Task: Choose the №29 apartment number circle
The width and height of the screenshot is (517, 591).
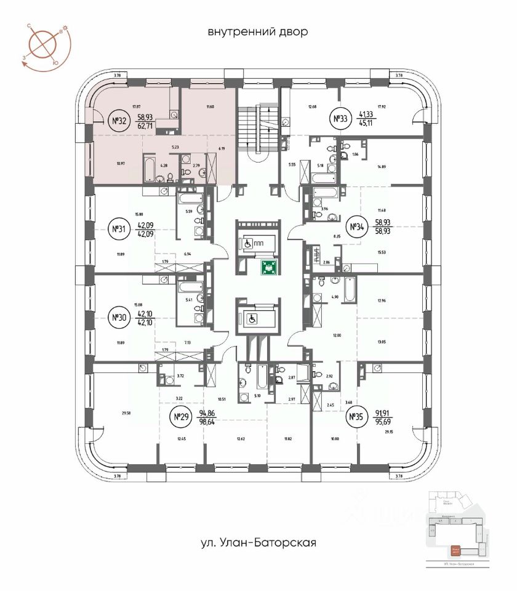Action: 180,419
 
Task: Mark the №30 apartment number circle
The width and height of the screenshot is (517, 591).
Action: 119,318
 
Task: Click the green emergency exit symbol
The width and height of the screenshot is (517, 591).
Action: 268,267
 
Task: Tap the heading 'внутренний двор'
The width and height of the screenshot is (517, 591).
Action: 257,31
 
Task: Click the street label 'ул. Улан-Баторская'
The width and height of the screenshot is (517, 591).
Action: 257,543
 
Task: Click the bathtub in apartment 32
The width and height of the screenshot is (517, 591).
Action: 151,167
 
